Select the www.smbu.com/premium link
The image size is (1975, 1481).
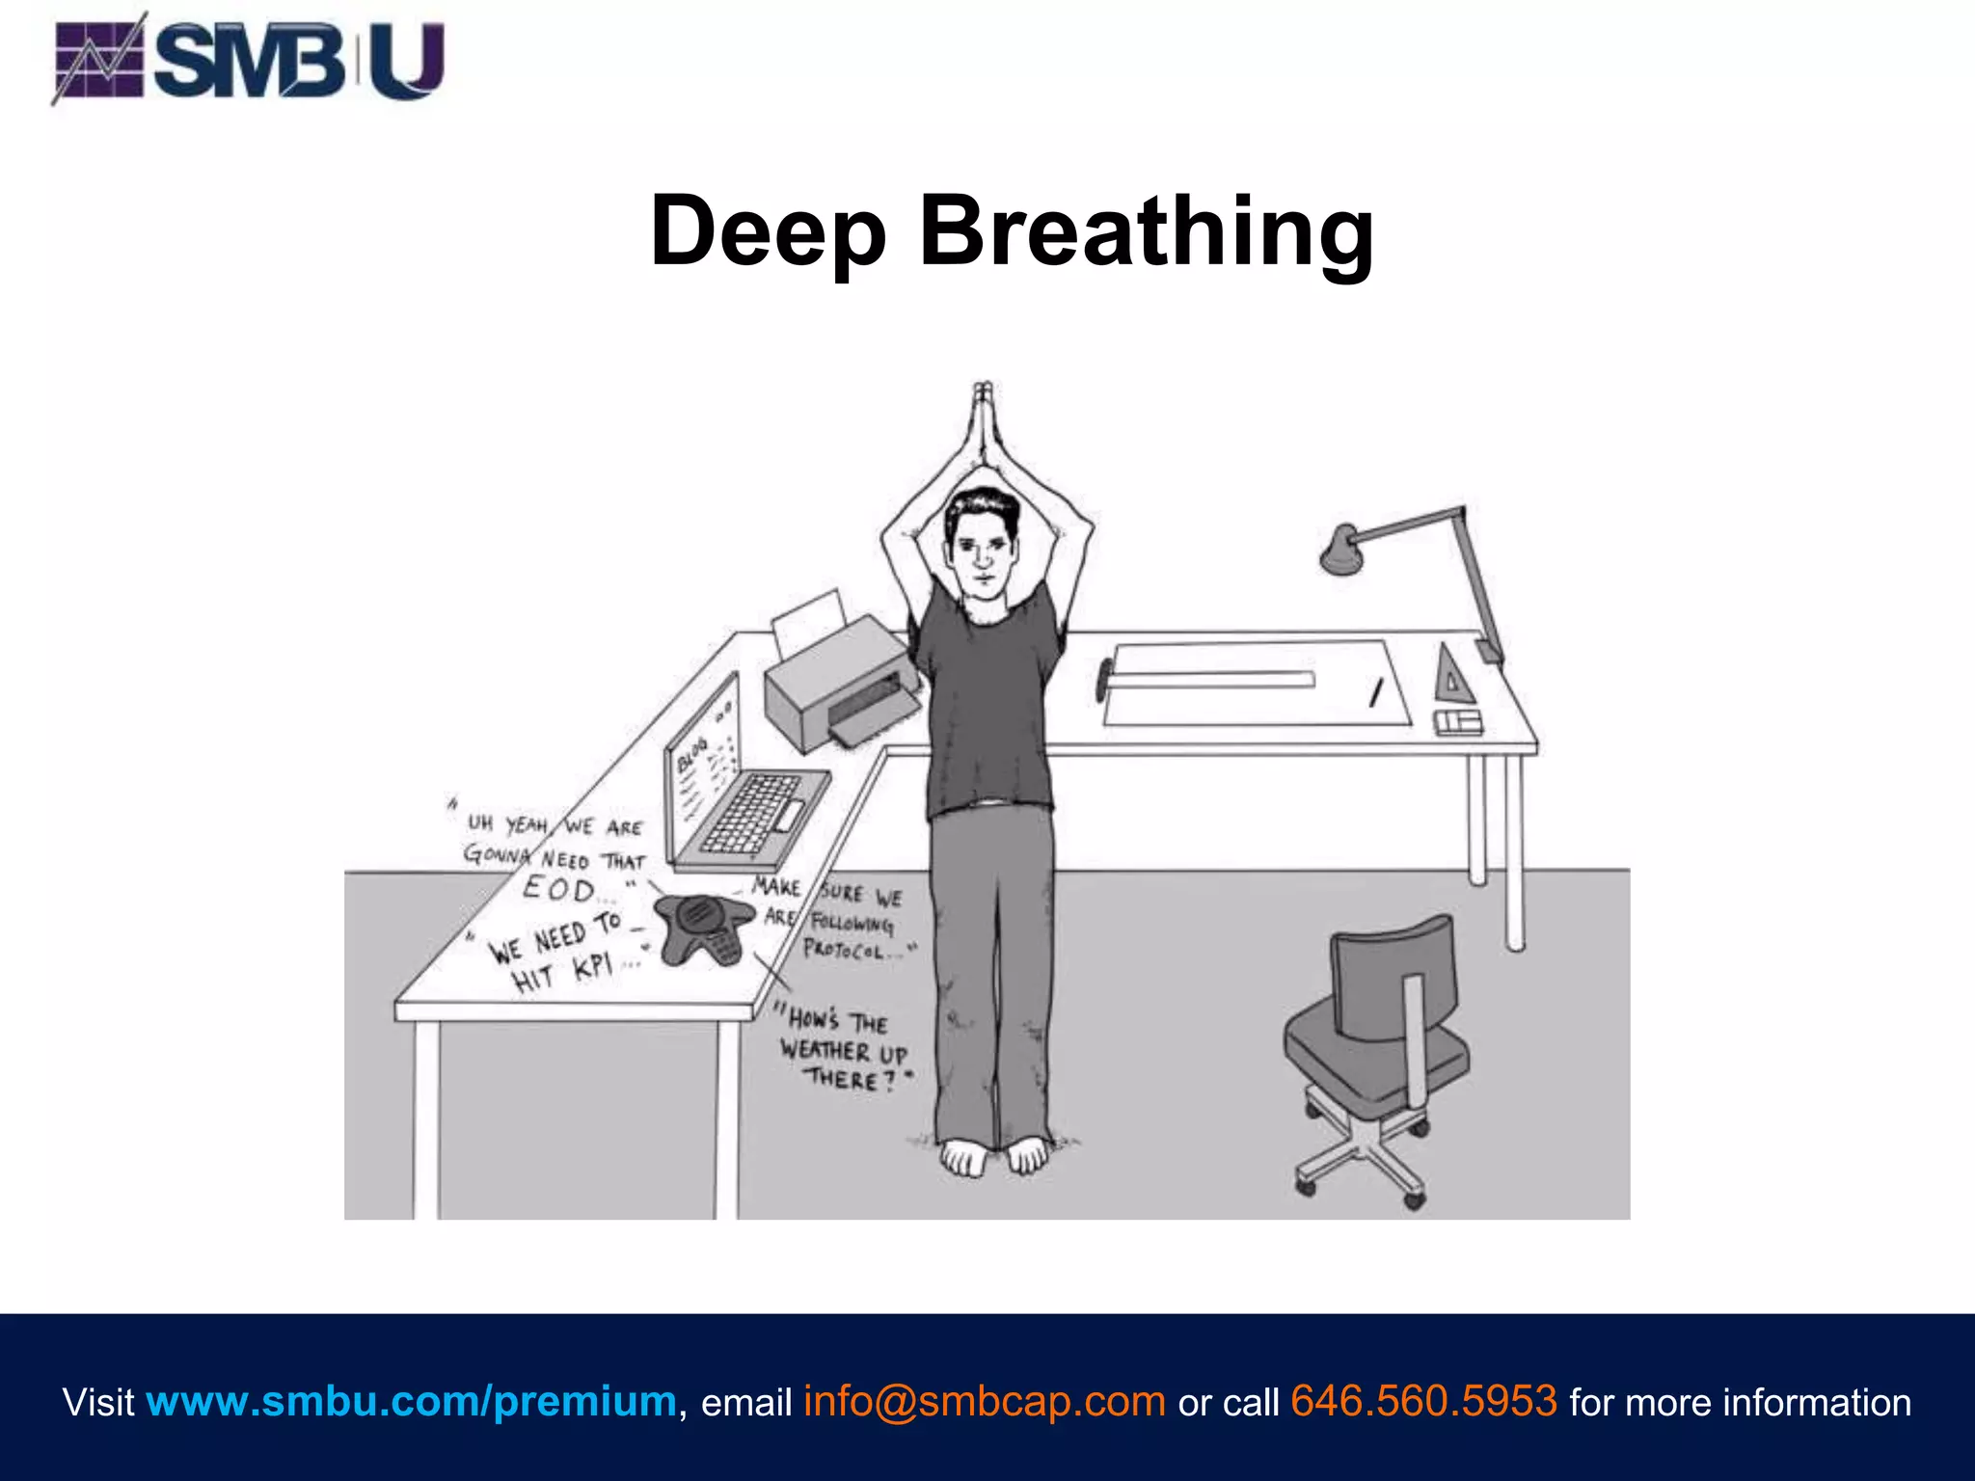pos(411,1401)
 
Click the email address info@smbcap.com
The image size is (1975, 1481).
pos(985,1401)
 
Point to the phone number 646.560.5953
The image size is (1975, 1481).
pos(1423,1401)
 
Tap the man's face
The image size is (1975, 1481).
pos(982,550)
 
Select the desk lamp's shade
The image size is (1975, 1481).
pos(1339,550)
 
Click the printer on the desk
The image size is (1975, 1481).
pos(839,685)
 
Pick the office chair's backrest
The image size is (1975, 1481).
pos(1392,974)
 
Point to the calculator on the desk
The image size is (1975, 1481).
pos(1457,722)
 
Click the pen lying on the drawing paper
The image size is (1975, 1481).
pos(1376,691)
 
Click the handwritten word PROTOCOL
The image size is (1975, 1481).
pos(844,950)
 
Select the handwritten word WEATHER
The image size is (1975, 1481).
pos(825,1050)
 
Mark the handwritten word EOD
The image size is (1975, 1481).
pos(558,888)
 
